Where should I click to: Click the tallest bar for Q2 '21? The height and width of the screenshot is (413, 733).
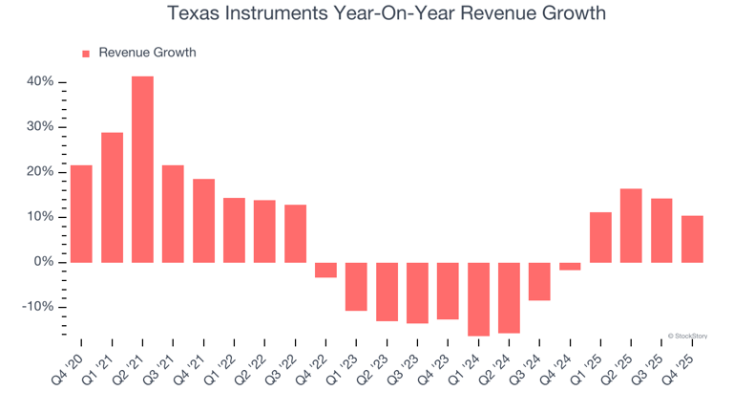click(x=142, y=169)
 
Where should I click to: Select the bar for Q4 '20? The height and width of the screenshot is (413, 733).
click(x=81, y=214)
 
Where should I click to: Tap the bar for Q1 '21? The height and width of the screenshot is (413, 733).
click(x=112, y=197)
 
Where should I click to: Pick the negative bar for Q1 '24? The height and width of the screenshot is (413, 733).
click(x=478, y=298)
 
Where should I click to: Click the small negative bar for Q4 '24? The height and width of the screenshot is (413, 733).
click(x=570, y=266)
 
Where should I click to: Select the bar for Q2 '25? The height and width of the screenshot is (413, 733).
click(x=631, y=226)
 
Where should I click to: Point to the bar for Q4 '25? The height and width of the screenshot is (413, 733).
click(x=692, y=239)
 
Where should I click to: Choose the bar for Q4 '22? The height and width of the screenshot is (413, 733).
click(x=325, y=270)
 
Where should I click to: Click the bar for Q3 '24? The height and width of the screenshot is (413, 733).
click(x=539, y=281)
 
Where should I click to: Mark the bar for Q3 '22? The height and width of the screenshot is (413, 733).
click(x=295, y=233)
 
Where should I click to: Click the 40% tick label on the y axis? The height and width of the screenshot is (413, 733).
click(x=39, y=82)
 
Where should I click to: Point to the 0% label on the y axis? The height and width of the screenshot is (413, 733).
click(x=43, y=262)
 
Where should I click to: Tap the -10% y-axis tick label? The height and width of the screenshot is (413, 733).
click(x=37, y=307)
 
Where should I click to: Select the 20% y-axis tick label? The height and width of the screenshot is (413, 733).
click(x=39, y=172)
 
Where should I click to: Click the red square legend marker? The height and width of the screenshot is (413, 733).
click(x=86, y=54)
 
